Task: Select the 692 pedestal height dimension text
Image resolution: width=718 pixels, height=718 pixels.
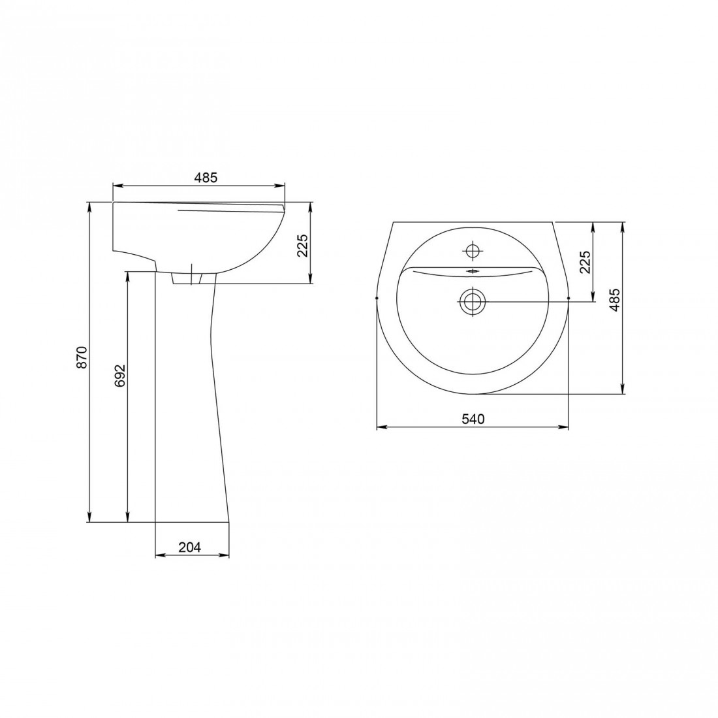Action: click(119, 376)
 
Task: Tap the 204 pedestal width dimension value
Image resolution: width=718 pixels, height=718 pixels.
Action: click(189, 547)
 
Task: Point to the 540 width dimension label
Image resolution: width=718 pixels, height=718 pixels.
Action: click(473, 419)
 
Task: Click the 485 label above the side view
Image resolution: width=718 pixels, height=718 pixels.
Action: click(206, 178)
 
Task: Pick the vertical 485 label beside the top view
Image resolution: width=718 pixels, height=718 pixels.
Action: click(615, 300)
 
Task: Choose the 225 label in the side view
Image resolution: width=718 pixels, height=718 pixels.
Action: click(303, 245)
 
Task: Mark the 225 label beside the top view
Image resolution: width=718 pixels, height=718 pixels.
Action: click(585, 262)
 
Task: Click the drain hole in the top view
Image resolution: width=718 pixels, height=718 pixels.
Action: click(471, 301)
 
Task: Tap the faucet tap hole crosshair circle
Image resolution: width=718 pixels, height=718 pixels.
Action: click(472, 251)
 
